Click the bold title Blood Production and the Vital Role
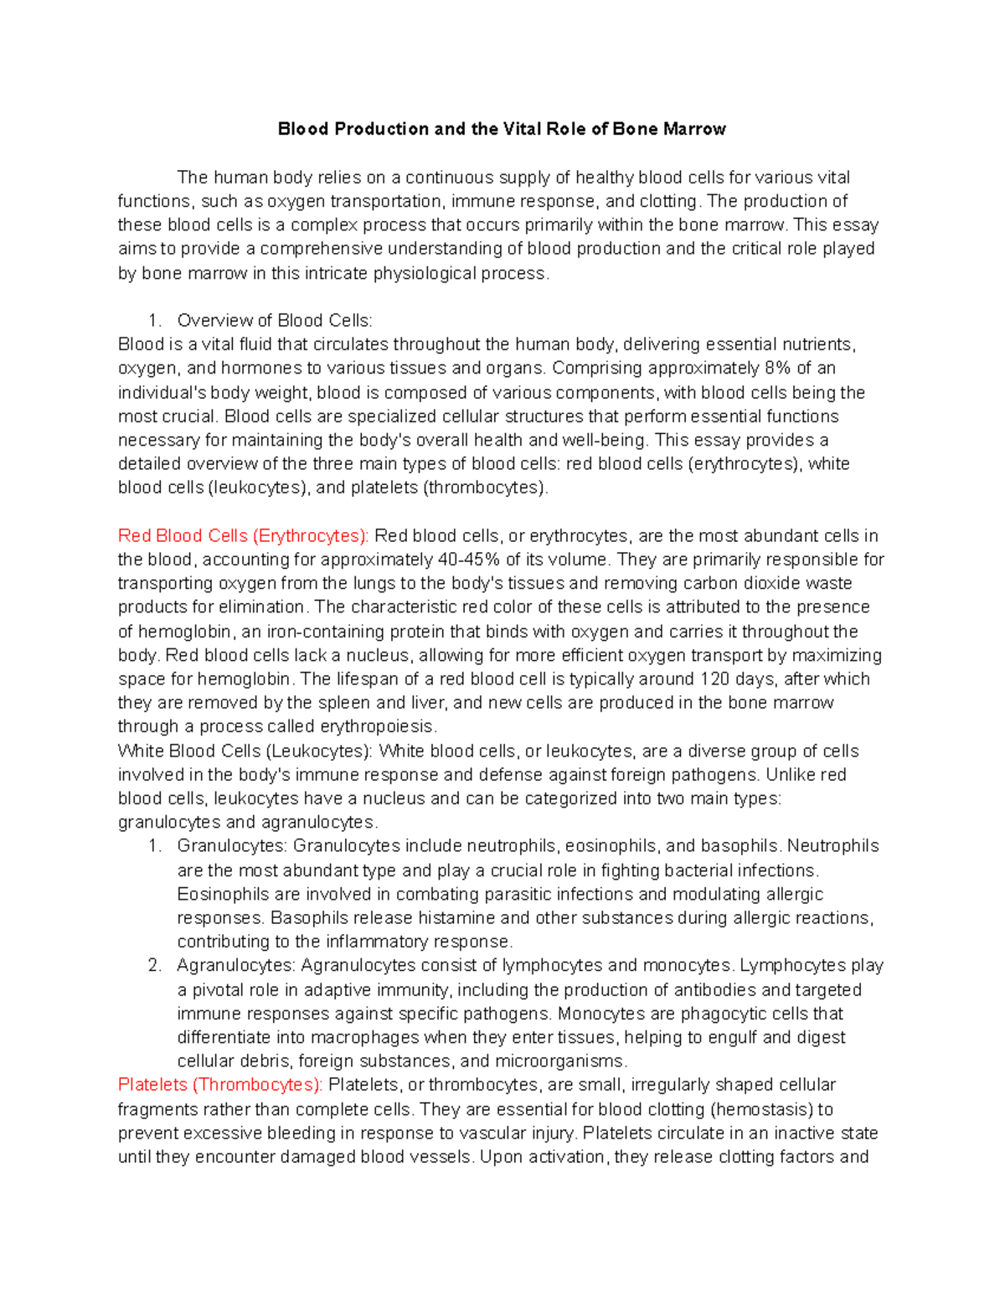coord(502,129)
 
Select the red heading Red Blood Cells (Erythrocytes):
coord(243,536)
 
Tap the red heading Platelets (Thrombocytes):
coord(219,1085)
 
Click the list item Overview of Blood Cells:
coord(275,321)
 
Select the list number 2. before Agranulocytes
coord(154,966)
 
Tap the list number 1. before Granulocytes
coord(154,846)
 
